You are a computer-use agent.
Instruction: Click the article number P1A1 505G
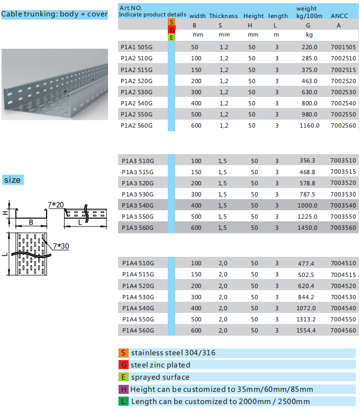click(137, 47)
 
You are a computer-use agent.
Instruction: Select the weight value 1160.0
click(309, 125)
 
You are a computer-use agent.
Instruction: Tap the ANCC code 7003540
click(343, 205)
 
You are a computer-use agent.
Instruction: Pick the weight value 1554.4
click(307, 330)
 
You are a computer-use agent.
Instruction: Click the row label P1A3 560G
click(137, 228)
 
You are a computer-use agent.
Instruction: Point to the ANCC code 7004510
click(343, 263)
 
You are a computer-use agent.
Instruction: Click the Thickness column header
click(223, 16)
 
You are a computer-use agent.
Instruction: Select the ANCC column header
click(339, 16)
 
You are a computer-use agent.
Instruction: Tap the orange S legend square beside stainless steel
click(123, 353)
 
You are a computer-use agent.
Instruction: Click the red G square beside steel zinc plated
click(123, 365)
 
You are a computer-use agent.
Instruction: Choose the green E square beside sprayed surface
click(123, 377)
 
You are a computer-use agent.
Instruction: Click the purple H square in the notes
click(123, 389)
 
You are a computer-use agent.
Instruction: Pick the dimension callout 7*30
click(61, 246)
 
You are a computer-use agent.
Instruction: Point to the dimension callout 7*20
click(55, 204)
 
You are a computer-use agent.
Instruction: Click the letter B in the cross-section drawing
click(31, 222)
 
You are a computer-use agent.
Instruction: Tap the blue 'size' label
click(12, 180)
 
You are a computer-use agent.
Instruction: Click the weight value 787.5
click(307, 194)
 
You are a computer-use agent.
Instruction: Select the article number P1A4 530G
click(138, 297)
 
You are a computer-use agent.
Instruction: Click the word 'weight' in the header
click(307, 8)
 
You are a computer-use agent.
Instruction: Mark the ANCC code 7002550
click(343, 114)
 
